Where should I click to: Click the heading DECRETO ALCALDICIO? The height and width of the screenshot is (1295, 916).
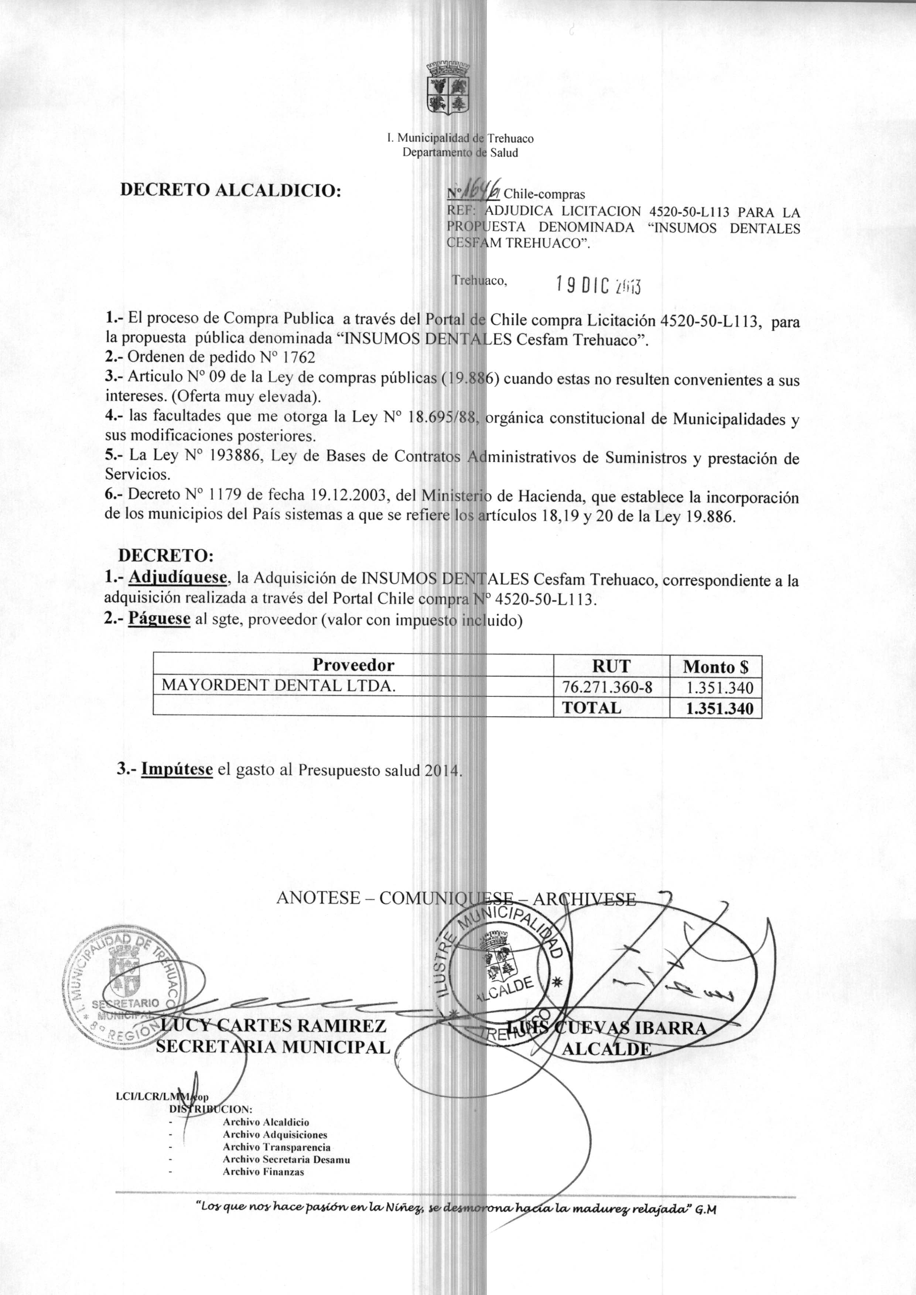pos(231,190)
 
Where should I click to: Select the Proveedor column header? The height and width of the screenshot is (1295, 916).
pos(353,665)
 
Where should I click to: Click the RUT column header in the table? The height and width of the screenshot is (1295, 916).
pos(611,666)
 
